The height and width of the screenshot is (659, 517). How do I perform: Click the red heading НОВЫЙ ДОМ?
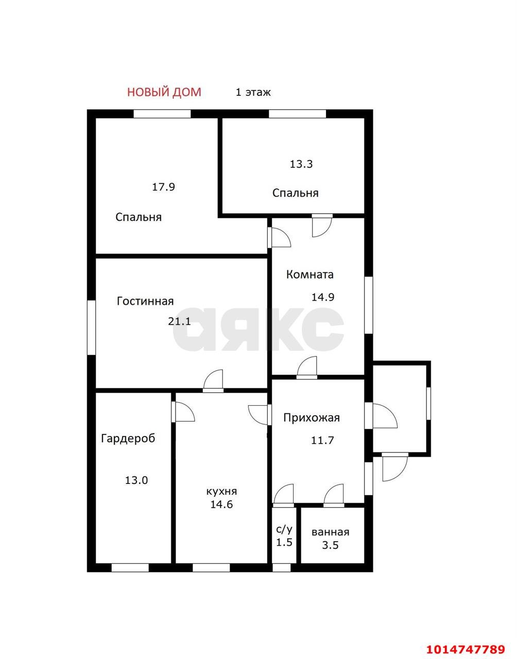[164, 92]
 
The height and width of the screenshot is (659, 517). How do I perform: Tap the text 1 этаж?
[253, 92]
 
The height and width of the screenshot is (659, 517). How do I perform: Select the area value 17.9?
[163, 187]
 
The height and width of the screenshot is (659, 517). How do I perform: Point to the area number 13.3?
[301, 164]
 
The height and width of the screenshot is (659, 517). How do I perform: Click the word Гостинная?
[145, 301]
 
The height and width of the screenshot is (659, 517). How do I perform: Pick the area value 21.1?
[180, 321]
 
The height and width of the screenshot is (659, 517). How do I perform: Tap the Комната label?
[310, 274]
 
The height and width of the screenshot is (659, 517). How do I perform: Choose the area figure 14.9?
[323, 297]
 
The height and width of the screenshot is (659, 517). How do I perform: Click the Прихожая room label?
[312, 418]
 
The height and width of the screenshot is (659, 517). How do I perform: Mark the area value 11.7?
[322, 440]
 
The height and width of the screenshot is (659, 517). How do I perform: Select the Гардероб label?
[128, 439]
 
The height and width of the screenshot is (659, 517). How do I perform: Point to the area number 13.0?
[136, 480]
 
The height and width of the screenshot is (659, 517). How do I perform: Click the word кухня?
[221, 492]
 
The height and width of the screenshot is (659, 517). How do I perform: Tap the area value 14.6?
[221, 505]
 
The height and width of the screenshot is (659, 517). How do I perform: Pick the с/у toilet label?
[284, 529]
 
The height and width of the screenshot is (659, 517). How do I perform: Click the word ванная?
[330, 532]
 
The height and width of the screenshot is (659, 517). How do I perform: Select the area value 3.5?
[330, 545]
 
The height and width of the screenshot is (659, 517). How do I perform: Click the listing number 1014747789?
[466, 647]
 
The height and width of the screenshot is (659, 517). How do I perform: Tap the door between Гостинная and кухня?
[213, 381]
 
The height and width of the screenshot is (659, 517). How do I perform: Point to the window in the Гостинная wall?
[91, 327]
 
